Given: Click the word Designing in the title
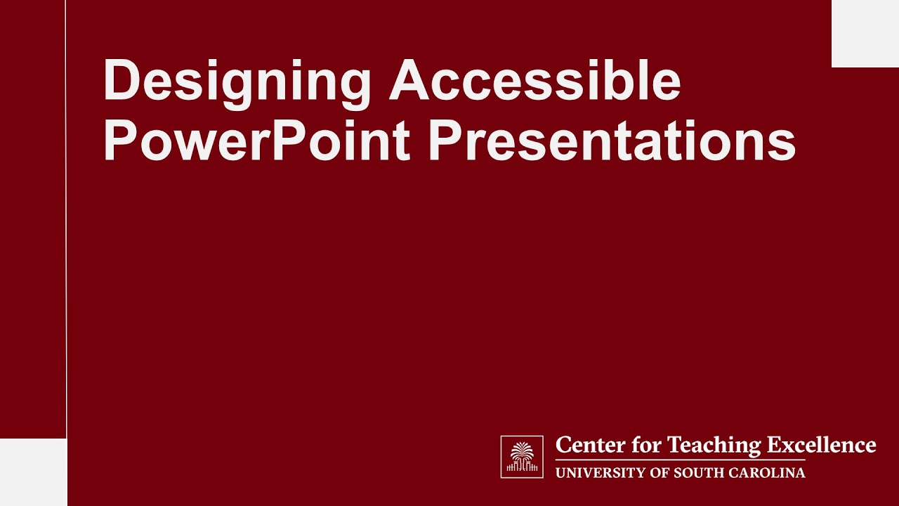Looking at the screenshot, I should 237,82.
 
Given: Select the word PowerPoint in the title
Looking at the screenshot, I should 256,141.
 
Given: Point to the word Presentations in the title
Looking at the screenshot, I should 612,141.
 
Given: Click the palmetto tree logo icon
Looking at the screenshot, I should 522,457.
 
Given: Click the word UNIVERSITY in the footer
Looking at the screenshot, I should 596,473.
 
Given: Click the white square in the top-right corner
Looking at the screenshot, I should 865,33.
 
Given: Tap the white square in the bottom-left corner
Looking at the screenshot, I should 33,472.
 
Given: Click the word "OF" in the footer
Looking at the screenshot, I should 660,473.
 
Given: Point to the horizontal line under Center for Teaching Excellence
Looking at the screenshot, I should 680,460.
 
